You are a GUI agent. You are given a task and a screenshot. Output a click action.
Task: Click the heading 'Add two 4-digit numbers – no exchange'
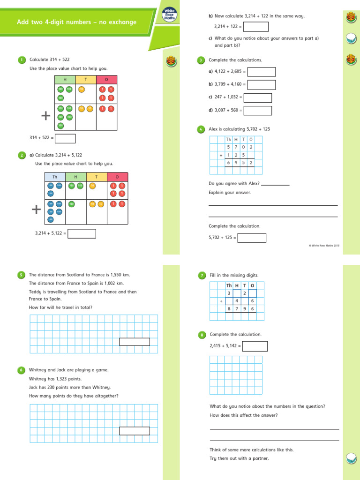(x=77, y=22)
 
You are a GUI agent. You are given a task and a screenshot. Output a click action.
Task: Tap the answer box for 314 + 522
(x=65, y=138)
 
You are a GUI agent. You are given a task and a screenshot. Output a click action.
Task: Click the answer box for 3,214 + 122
(x=256, y=27)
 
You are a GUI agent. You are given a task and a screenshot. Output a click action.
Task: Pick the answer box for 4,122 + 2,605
(x=262, y=72)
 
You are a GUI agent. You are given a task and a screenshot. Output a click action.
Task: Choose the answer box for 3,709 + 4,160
(x=262, y=85)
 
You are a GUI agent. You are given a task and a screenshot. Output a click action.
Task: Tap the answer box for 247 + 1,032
(x=258, y=97)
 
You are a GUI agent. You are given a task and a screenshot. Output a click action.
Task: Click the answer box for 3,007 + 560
(x=258, y=111)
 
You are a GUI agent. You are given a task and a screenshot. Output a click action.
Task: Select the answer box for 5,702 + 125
(x=252, y=238)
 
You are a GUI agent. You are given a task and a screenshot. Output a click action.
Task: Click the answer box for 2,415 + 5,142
(x=255, y=346)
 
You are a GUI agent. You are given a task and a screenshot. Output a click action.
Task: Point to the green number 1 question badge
(x=22, y=60)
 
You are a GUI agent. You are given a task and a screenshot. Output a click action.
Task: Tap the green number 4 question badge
(x=201, y=129)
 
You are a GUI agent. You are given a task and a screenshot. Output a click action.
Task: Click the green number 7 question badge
(x=202, y=276)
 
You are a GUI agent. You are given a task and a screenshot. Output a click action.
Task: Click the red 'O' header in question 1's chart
(x=106, y=80)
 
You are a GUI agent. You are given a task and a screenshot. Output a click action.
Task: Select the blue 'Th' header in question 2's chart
(x=55, y=177)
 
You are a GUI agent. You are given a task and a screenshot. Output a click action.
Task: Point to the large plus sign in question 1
(x=45, y=116)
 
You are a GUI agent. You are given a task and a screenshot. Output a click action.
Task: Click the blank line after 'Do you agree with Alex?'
(x=275, y=184)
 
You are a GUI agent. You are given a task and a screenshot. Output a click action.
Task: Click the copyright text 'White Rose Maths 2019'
(x=325, y=245)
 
